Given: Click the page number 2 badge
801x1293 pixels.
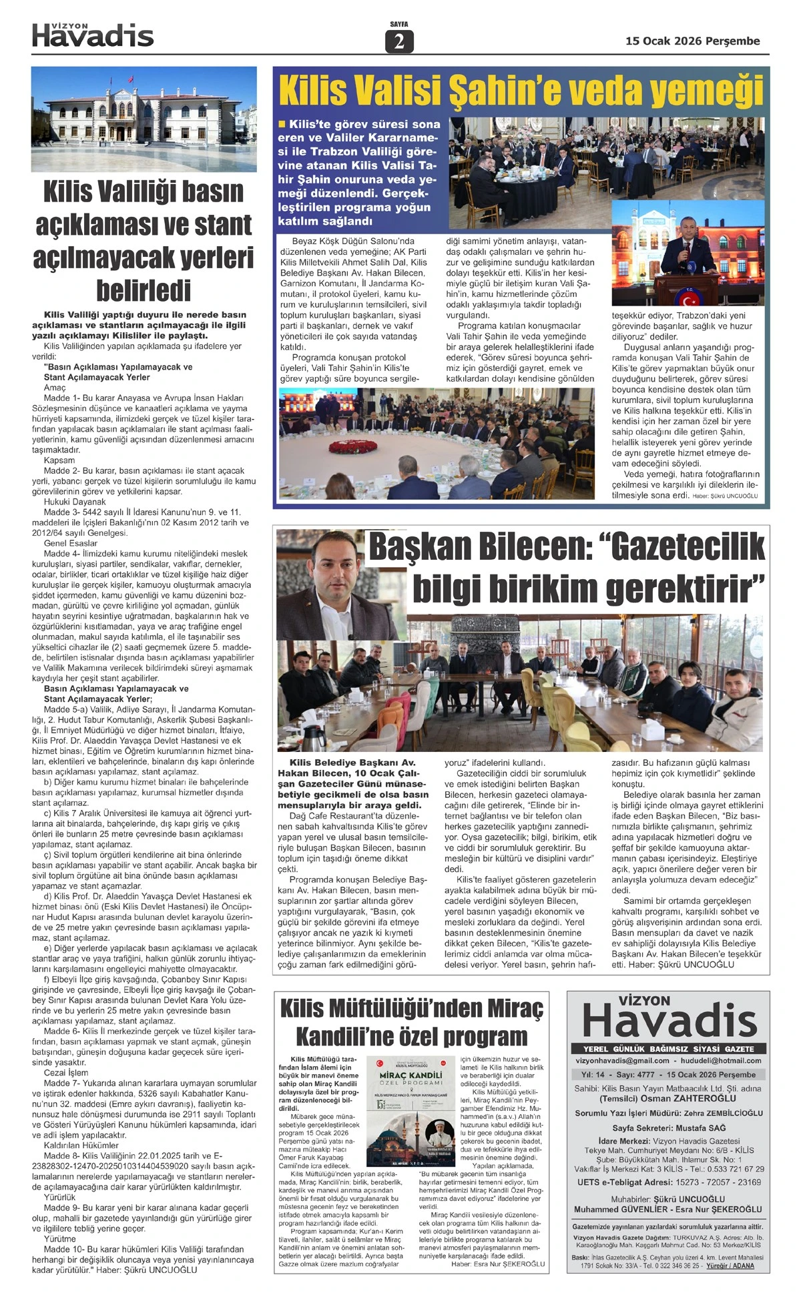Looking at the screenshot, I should (399, 42).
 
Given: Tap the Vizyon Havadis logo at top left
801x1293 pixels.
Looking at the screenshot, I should (93, 35).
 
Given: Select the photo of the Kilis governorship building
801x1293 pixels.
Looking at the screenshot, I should (144, 119).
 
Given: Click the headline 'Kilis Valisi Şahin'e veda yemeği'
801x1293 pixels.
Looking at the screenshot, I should (521, 91).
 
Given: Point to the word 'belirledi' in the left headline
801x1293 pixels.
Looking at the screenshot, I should (144, 290).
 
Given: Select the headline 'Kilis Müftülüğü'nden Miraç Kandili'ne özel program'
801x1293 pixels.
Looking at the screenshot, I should (412, 1023).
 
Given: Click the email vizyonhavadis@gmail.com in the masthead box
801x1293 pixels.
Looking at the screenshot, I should (622, 1060).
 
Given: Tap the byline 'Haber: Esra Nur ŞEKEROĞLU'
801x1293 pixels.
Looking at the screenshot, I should (498, 1264).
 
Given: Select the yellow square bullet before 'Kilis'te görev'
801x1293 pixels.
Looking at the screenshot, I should (282, 123).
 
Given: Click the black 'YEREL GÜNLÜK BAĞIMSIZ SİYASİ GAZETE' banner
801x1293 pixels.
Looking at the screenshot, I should (668, 1049).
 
